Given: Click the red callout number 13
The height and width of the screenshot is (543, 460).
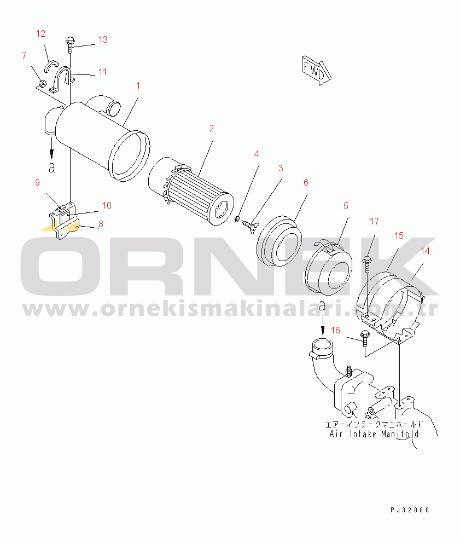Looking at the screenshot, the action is click(103, 40).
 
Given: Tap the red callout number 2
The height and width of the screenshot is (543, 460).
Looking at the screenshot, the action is click(212, 129).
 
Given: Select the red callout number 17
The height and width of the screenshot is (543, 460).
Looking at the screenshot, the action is click(374, 221).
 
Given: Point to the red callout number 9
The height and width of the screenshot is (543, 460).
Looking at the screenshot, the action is click(37, 182).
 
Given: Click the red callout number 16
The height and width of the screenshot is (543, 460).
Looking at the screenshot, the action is click(335, 331).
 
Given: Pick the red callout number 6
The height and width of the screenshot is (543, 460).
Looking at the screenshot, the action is click(306, 182).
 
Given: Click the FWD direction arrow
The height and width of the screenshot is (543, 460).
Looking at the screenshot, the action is click(316, 71).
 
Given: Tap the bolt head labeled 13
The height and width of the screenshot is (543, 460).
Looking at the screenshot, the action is click(70, 41).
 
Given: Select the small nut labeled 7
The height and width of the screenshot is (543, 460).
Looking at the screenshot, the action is click(42, 84).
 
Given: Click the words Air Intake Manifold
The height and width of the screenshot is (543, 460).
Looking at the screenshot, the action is click(374, 434).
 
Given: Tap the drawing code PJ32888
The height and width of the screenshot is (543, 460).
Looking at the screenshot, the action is click(410, 510).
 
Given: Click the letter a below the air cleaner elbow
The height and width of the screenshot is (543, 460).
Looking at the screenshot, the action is click(51, 167).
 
